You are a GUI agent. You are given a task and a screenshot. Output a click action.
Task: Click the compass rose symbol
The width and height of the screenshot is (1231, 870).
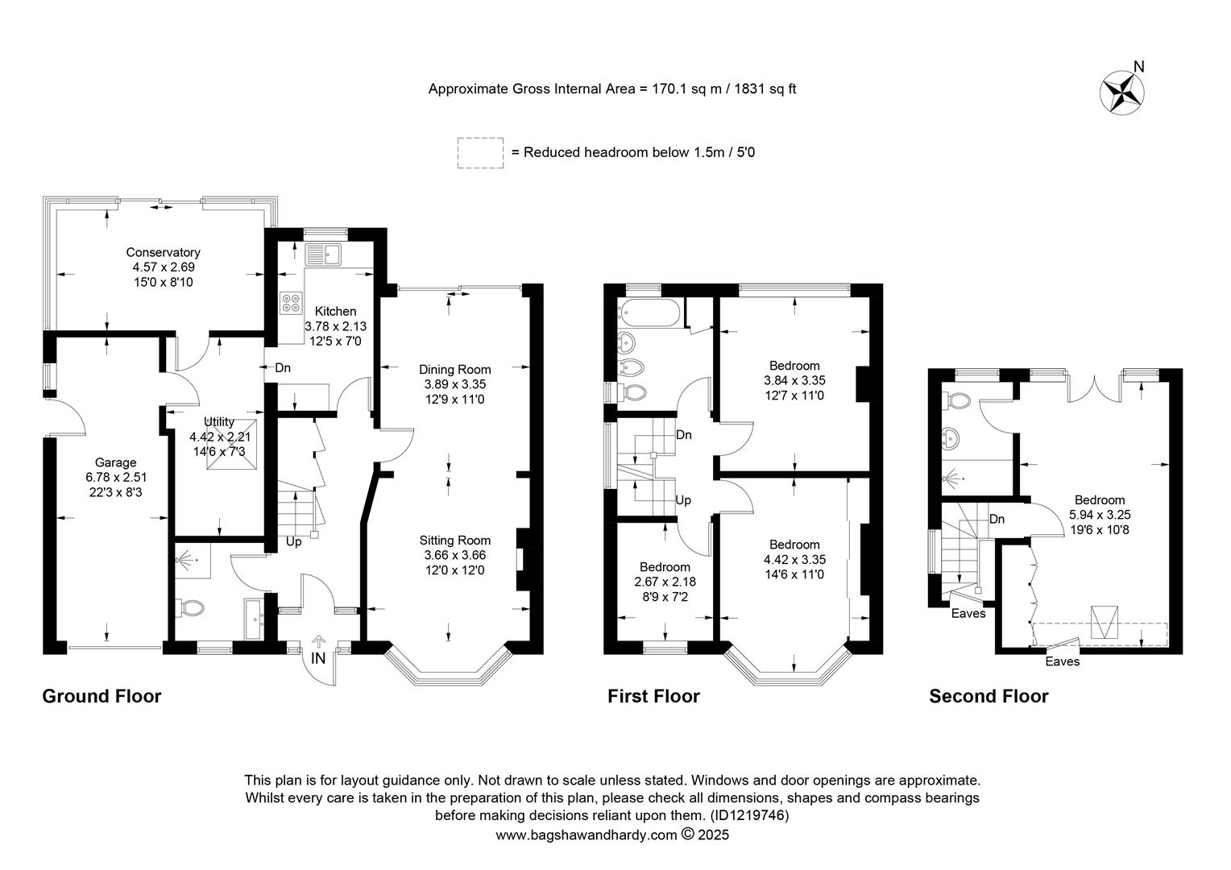1121,93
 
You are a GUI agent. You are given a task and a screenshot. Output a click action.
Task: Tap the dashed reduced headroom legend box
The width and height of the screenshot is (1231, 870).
480,153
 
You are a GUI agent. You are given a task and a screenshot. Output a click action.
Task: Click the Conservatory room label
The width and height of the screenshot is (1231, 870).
163,252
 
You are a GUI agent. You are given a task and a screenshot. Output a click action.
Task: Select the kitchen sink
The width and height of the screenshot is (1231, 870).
323,255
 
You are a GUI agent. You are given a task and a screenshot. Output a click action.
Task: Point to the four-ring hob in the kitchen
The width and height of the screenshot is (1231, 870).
291,303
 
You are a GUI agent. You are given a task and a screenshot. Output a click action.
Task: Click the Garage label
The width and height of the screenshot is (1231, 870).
115,462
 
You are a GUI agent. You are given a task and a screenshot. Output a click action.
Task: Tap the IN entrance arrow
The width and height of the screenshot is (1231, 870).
318,641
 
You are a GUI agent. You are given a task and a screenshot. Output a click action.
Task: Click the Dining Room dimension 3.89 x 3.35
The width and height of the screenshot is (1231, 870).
454,384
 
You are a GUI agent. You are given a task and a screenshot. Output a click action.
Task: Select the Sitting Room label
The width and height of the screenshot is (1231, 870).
454,541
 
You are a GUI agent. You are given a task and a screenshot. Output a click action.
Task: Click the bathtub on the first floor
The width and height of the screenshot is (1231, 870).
649,313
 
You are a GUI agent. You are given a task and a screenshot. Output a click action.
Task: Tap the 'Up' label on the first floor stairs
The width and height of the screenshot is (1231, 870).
683,500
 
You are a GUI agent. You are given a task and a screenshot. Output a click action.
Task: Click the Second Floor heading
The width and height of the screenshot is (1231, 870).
989,696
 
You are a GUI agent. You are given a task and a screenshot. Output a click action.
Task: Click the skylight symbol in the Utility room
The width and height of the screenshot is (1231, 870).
231,445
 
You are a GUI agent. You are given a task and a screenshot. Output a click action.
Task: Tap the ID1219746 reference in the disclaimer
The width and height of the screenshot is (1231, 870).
749,815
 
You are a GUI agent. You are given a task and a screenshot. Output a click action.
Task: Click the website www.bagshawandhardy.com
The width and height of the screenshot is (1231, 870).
586,835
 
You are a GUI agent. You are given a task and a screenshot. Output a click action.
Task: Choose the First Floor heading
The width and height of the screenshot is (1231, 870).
653,696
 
